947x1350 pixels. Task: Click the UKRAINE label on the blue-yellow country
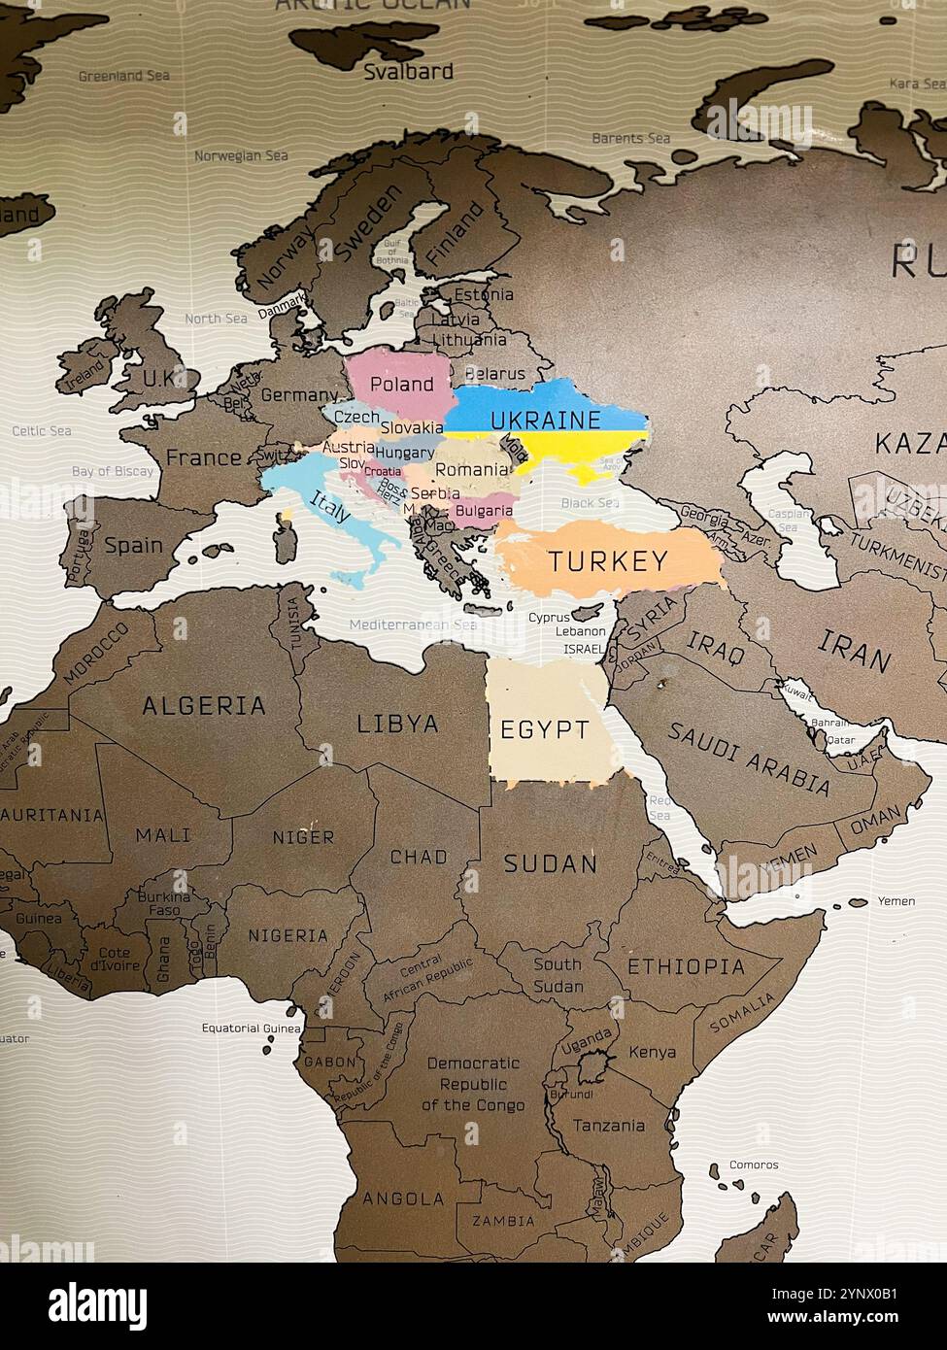[545, 420]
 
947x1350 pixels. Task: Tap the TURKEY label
[608, 560]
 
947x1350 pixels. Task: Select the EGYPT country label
[544, 729]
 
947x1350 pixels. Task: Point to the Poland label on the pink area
[402, 385]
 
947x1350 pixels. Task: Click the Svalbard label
[408, 71]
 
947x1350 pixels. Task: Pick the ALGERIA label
[204, 706]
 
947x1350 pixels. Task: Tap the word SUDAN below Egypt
[550, 863]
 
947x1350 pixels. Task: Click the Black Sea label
[590, 503]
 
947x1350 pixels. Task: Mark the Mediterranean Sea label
[413, 624]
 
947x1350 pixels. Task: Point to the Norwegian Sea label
[241, 155]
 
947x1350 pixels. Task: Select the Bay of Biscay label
[113, 471]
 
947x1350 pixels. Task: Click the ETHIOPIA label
[686, 966]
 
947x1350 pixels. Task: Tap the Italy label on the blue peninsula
[329, 506]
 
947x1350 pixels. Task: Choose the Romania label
[471, 469]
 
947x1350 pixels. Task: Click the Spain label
[133, 545]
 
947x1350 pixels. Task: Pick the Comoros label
[754, 1164]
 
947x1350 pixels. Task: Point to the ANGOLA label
[403, 1198]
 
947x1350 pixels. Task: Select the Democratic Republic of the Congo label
[473, 1084]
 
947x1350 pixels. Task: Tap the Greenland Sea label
[123, 76]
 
